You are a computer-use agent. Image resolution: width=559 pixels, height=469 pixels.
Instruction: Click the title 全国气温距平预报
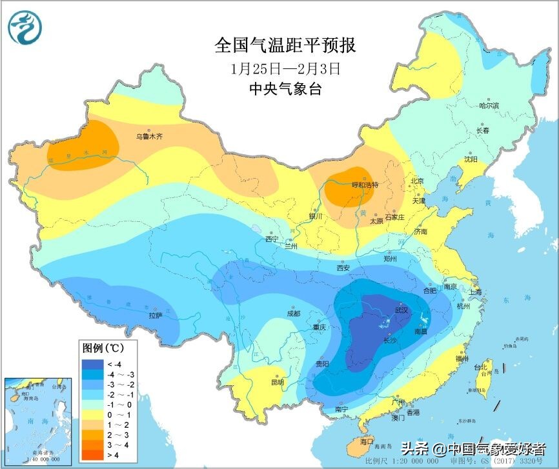[285, 46]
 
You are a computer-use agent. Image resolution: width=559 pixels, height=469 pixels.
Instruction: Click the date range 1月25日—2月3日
[285, 67]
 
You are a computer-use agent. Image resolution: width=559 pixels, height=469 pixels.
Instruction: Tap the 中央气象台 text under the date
[285, 89]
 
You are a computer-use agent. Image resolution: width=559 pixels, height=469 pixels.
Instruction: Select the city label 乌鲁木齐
[148, 136]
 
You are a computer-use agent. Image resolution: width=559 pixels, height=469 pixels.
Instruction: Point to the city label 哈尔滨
[489, 105]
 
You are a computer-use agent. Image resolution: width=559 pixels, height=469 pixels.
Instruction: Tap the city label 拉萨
[155, 315]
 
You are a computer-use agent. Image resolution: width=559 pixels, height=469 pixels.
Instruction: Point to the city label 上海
[475, 292]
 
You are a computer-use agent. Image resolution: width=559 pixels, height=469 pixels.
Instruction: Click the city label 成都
[293, 314]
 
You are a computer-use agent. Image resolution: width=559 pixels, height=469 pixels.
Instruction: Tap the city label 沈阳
[471, 159]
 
